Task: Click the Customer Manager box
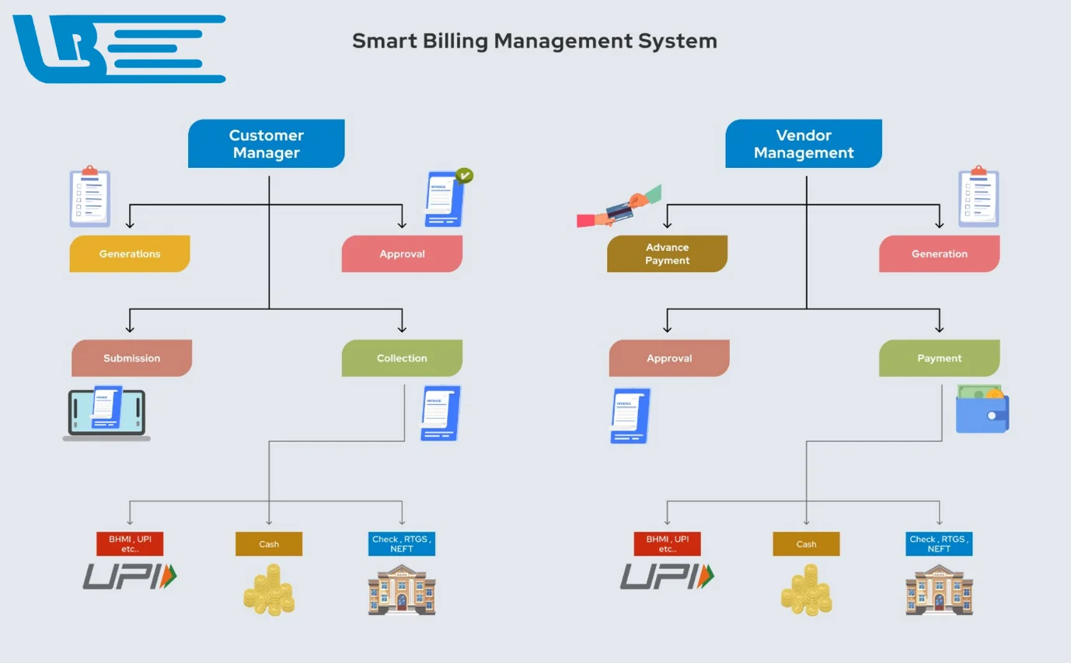266,144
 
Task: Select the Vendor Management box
804,144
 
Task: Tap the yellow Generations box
130,253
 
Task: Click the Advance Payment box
667,253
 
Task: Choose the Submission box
131,358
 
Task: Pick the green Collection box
402,358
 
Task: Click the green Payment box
939,358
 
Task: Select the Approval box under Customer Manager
402,253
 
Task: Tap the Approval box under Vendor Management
669,358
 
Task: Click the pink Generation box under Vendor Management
939,253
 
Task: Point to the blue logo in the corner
117,48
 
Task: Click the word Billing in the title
456,40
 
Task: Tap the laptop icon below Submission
106,414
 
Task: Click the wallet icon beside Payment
982,409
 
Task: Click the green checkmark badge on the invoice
464,176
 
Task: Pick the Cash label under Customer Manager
269,544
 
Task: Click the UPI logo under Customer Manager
130,577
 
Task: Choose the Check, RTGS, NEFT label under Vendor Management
939,544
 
